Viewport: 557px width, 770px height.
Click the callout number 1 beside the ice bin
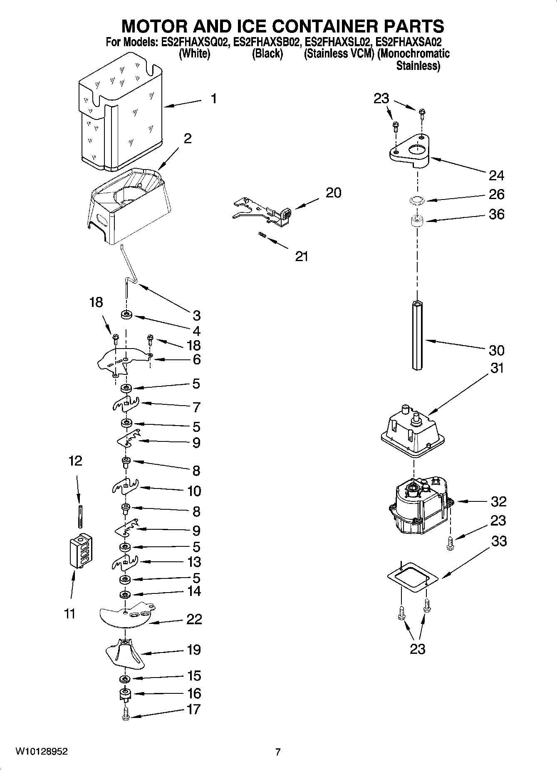pyautogui.click(x=213, y=99)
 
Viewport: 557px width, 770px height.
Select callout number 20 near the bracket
pyautogui.click(x=333, y=193)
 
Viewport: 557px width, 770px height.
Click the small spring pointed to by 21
pyautogui.click(x=261, y=236)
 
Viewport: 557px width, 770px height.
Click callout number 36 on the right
pyautogui.click(x=496, y=214)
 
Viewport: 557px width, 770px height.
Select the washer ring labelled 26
pyautogui.click(x=416, y=201)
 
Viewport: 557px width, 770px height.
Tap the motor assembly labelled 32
pyautogui.click(x=420, y=506)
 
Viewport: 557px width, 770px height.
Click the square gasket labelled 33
pyautogui.click(x=412, y=577)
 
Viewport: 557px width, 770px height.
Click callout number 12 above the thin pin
pyautogui.click(x=75, y=461)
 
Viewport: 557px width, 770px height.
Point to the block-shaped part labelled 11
pyautogui.click(x=81, y=551)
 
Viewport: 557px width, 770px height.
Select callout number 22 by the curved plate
pyautogui.click(x=194, y=619)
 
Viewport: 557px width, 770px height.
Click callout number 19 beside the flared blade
pyautogui.click(x=194, y=650)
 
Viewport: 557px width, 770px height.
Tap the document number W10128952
pyautogui.click(x=41, y=752)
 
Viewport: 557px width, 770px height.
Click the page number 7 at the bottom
pyautogui.click(x=278, y=752)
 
